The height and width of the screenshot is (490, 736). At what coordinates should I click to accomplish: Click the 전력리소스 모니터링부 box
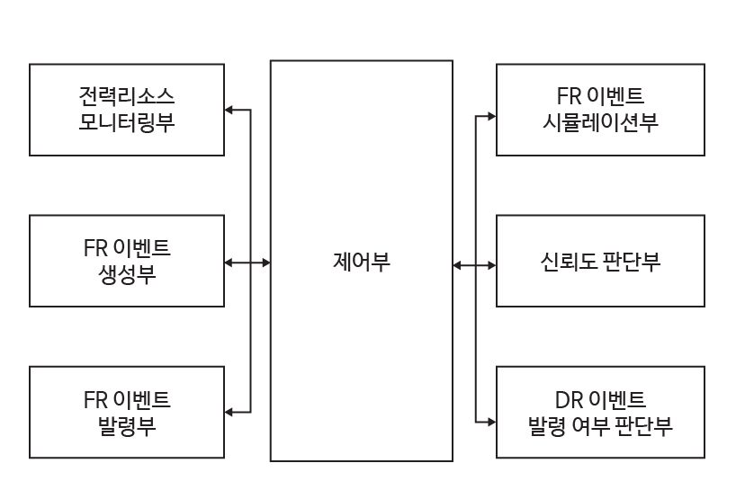tap(127, 109)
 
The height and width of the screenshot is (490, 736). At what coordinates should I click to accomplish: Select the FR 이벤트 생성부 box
tap(127, 261)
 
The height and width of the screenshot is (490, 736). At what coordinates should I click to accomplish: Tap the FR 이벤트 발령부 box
tap(127, 412)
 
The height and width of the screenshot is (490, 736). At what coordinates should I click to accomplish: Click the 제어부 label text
tap(362, 263)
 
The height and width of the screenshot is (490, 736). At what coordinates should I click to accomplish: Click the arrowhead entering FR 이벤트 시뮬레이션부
tap(491, 116)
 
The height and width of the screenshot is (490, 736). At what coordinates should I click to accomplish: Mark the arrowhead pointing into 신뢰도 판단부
tap(491, 265)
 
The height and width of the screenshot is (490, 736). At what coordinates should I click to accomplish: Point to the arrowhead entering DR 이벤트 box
tap(491, 420)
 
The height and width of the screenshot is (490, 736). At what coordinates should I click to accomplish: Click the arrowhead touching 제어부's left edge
tap(265, 263)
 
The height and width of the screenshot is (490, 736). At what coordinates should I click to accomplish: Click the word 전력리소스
tap(127, 95)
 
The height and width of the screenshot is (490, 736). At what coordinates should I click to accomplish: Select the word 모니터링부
tap(127, 122)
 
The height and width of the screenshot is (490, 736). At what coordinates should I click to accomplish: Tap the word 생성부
tap(127, 274)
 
